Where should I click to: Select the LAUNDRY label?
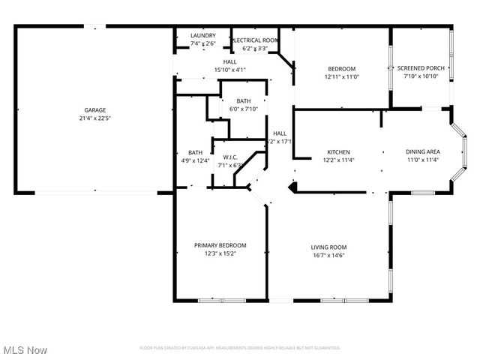tap(202, 35)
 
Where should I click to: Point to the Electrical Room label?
tap(256, 40)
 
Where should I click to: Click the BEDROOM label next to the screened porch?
tap(341, 68)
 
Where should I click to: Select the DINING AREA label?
tap(421, 151)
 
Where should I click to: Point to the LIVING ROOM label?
tap(328, 247)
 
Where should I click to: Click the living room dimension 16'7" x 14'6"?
tap(328, 255)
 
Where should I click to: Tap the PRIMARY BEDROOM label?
tap(220, 245)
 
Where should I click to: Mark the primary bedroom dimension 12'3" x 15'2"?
tap(220, 253)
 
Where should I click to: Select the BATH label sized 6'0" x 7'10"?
tap(243, 100)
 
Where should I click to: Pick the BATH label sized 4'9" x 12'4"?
tap(195, 152)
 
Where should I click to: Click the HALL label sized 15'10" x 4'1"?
tap(229, 61)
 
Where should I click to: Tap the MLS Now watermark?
tap(25, 350)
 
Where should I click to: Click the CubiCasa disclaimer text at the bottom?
tap(240, 348)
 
